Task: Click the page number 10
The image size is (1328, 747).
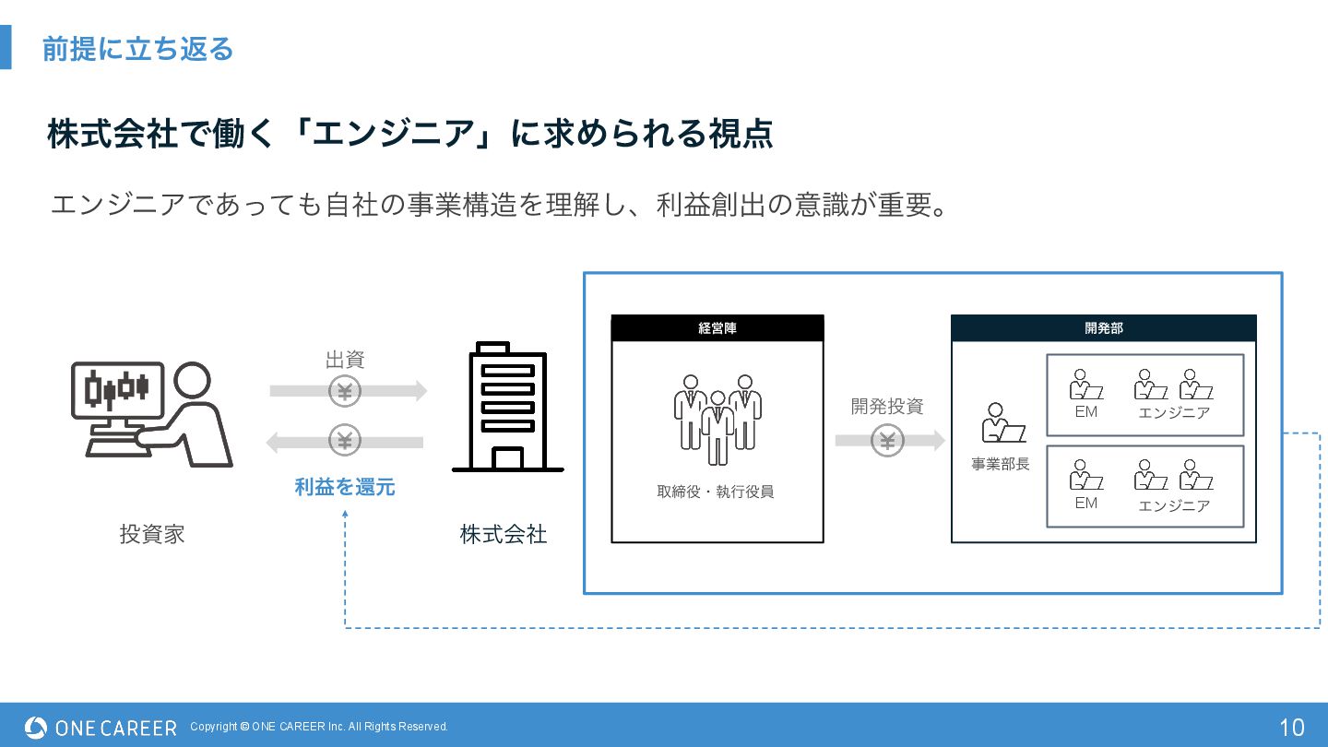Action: point(1292,727)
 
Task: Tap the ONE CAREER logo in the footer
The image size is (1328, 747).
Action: point(101,728)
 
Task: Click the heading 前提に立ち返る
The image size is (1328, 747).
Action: point(137,49)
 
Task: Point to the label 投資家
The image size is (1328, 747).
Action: point(152,534)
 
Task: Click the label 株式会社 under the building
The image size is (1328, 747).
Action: point(504,534)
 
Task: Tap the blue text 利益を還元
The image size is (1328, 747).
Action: point(345,487)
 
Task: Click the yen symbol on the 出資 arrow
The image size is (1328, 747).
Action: point(345,391)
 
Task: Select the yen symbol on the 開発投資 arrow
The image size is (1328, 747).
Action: point(887,441)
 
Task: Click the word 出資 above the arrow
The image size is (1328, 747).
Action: point(345,360)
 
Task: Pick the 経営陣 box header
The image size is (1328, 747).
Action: point(717,328)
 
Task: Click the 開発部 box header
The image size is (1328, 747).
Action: point(1103,328)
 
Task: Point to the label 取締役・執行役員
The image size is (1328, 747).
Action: point(716,492)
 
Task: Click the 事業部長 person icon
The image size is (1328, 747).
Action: point(1002,423)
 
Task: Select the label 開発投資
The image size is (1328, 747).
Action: point(887,407)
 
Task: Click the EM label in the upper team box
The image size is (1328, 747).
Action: point(1086,412)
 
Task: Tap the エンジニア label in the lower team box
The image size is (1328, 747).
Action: point(1174,505)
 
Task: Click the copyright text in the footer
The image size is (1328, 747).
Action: point(319,727)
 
